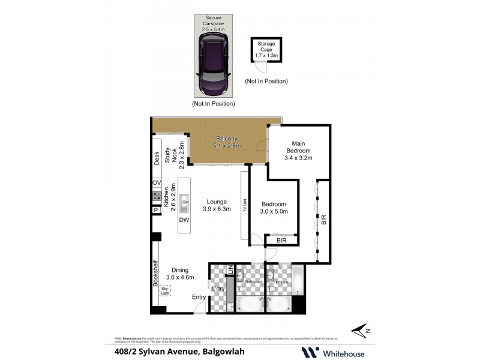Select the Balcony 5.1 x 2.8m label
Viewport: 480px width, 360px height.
pyautogui.click(x=226, y=142)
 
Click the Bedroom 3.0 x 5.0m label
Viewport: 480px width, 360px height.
pyautogui.click(x=274, y=208)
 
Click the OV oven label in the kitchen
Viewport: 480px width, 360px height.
pyautogui.click(x=157, y=182)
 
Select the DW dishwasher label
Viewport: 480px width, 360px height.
pyautogui.click(x=184, y=220)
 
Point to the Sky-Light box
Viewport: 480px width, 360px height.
pyautogui.click(x=165, y=291)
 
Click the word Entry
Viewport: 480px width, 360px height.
pyautogui.click(x=199, y=297)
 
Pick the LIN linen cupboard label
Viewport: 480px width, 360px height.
pyautogui.click(x=230, y=270)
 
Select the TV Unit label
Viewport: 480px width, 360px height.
pyautogui.click(x=245, y=206)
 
